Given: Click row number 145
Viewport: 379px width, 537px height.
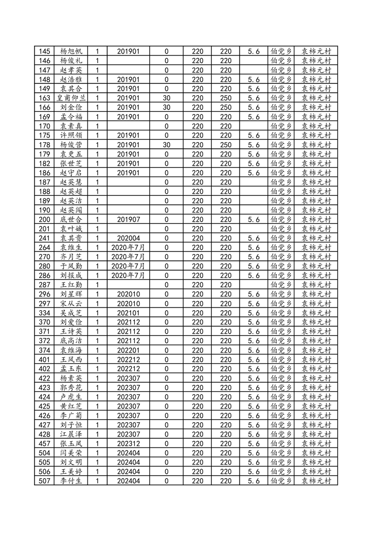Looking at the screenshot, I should [x=44, y=51].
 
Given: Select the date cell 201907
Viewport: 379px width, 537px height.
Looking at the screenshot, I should [x=128, y=219].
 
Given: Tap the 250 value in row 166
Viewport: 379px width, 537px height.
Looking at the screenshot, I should [x=226, y=107].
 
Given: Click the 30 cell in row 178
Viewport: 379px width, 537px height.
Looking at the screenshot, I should [x=166, y=145].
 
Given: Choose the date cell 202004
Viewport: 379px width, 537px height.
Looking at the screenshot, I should [x=128, y=238].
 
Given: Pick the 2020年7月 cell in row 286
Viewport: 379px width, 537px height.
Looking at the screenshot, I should [x=128, y=275].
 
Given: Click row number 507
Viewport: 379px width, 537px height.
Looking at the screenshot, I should [x=44, y=481].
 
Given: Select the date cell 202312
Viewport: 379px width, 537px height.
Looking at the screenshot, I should [x=128, y=444].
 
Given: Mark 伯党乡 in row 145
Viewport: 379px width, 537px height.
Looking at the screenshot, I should [x=282, y=51].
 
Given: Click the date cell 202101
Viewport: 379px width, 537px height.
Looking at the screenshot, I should [x=128, y=313].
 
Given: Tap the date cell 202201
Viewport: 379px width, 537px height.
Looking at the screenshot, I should [x=128, y=350].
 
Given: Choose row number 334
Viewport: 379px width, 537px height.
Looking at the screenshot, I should [x=44, y=313].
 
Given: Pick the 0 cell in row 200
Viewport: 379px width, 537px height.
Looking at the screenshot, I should [x=166, y=219].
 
